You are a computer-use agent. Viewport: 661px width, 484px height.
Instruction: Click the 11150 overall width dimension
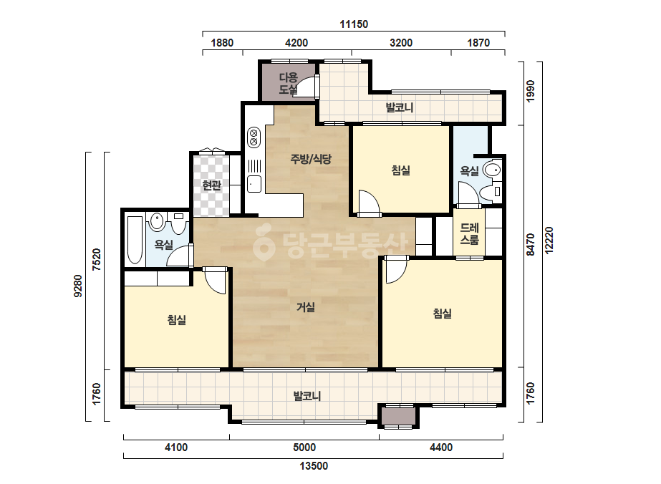354,24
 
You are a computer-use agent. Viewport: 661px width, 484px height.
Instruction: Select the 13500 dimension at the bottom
314,466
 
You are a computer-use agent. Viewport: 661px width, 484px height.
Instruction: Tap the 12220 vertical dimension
549,241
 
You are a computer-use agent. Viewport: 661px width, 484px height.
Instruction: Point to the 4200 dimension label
296,42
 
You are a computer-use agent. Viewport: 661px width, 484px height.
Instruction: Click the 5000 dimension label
304,447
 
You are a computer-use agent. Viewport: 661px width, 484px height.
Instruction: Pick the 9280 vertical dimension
78,286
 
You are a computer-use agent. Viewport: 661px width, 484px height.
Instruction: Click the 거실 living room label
306,307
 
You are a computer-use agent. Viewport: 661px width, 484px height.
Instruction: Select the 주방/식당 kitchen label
311,159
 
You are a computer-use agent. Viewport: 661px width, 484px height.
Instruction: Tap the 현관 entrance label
212,185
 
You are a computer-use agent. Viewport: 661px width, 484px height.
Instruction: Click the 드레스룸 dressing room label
469,234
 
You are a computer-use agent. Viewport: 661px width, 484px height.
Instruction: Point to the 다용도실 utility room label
289,83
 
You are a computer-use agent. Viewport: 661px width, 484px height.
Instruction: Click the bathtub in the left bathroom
135,241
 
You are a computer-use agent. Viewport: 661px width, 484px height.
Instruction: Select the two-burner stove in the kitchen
254,137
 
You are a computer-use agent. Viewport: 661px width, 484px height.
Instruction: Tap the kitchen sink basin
254,184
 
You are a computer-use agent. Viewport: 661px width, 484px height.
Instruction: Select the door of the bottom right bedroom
396,270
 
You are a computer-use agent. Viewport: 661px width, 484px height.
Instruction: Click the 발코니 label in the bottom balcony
307,396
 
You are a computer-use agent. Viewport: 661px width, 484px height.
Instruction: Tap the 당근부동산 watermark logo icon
264,243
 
